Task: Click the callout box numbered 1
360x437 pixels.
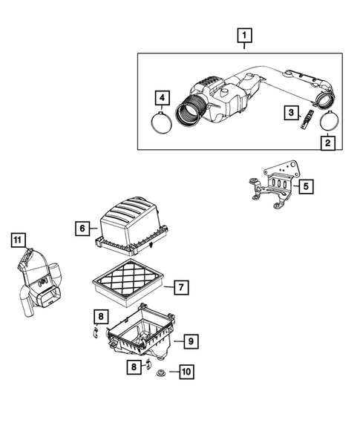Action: pos(244,35)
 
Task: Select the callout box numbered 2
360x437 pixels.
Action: pos(327,142)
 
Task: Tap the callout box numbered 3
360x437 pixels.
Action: pos(292,112)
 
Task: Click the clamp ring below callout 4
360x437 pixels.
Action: pos(163,122)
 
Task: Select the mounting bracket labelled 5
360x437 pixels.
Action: pos(272,188)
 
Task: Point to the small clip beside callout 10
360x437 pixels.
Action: pos(148,364)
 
